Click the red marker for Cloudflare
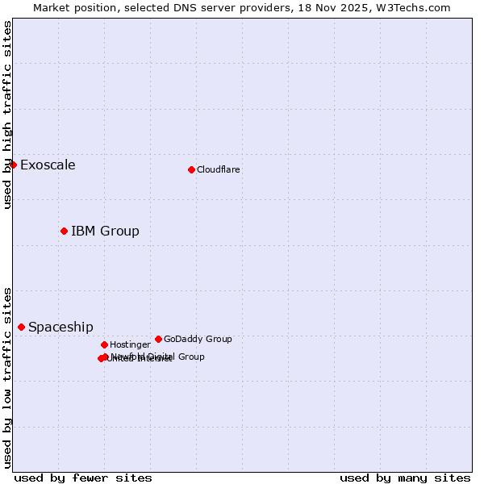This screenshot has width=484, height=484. [x=191, y=169]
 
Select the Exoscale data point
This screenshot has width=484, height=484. [x=13, y=165]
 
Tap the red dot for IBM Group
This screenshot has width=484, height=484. [x=64, y=231]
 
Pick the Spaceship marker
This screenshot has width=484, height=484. [x=21, y=327]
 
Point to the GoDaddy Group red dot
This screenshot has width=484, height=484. [x=158, y=339]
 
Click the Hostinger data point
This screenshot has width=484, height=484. [x=104, y=344]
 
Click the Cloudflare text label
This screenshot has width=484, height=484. [x=218, y=169]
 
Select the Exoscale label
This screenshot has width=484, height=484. [x=48, y=165]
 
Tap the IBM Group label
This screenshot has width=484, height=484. [x=105, y=232]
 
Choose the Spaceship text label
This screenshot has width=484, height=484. [x=60, y=328]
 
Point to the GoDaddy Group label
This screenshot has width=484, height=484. [x=198, y=339]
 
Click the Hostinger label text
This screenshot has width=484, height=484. [x=130, y=344]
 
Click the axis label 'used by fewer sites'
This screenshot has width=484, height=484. [x=83, y=478]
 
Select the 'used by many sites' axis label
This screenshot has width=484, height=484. [x=405, y=478]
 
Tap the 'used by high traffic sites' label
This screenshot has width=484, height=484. [x=7, y=115]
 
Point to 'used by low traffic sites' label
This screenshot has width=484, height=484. [x=7, y=377]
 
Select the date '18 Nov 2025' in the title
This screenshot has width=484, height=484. [x=345, y=7]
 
